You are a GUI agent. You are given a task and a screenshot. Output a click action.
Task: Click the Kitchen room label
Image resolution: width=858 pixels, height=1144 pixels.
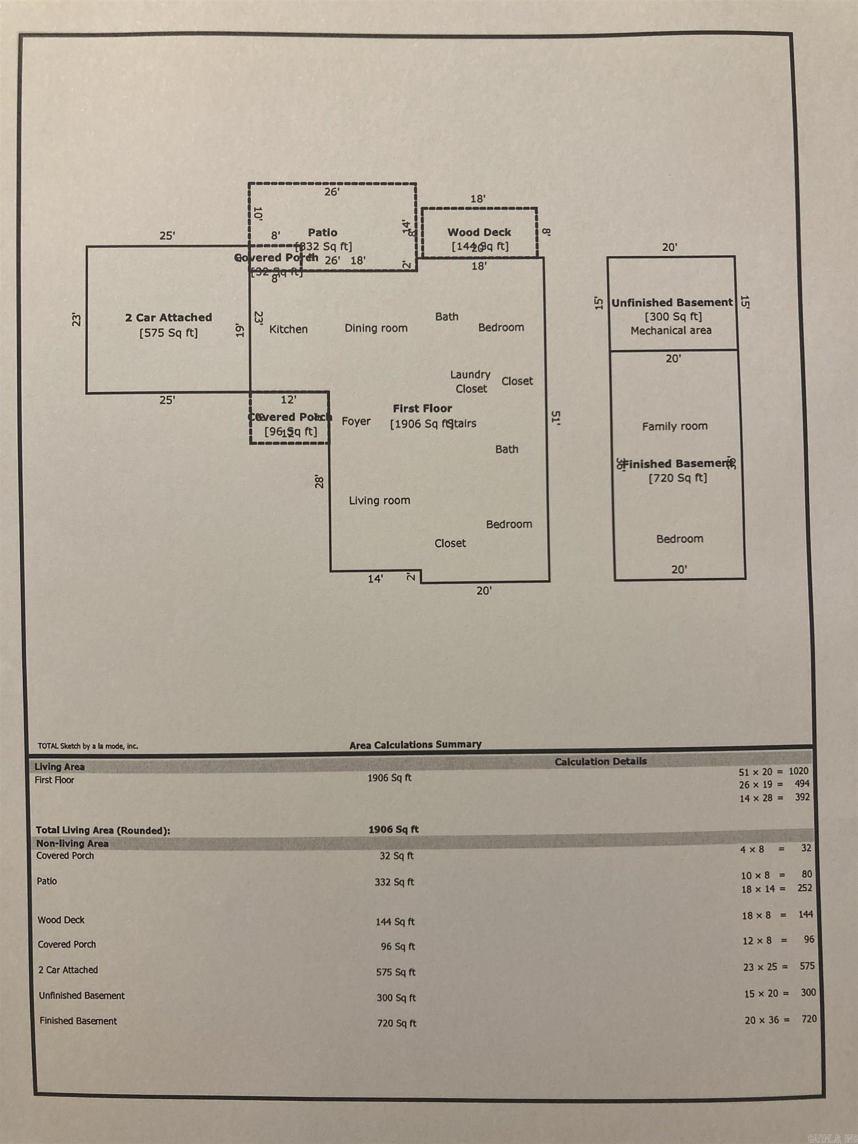pos(288,329)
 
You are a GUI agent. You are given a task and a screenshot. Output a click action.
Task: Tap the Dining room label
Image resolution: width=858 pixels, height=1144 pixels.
pos(376,328)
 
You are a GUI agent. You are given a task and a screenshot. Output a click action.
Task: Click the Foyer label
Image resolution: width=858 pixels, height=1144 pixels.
pos(356,421)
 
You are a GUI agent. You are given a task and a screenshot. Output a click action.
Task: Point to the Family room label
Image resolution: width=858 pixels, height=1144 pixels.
pos(674,426)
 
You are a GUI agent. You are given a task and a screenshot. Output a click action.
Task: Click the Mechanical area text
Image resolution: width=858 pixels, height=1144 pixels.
pos(671,330)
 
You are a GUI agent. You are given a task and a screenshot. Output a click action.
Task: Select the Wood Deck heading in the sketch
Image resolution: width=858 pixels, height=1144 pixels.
pos(479,232)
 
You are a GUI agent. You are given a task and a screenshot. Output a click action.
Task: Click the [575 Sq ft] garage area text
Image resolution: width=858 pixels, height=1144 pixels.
pos(168,333)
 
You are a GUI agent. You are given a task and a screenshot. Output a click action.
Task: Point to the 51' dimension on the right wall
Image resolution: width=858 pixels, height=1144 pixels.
pos(556,418)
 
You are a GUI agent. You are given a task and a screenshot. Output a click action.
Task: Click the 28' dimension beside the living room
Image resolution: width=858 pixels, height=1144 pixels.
pos(320,482)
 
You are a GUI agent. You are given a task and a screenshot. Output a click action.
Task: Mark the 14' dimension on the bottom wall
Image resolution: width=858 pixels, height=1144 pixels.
pos(375,579)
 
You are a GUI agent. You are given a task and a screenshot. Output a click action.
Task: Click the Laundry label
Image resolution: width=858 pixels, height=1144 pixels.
pos(470,374)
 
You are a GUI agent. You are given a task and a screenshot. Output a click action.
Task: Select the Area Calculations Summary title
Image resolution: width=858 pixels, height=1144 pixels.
pos(415,744)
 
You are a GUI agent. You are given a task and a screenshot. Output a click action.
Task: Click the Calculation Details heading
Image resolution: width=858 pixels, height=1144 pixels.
pos(600,761)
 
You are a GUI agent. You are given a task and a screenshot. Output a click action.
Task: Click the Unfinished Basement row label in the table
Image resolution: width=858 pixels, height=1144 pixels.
pos(82,995)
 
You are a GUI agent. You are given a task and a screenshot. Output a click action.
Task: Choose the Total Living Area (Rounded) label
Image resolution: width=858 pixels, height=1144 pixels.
pos(102,830)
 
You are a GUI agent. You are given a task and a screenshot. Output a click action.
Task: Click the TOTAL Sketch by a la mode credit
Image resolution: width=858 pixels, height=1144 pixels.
pos(87,746)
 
